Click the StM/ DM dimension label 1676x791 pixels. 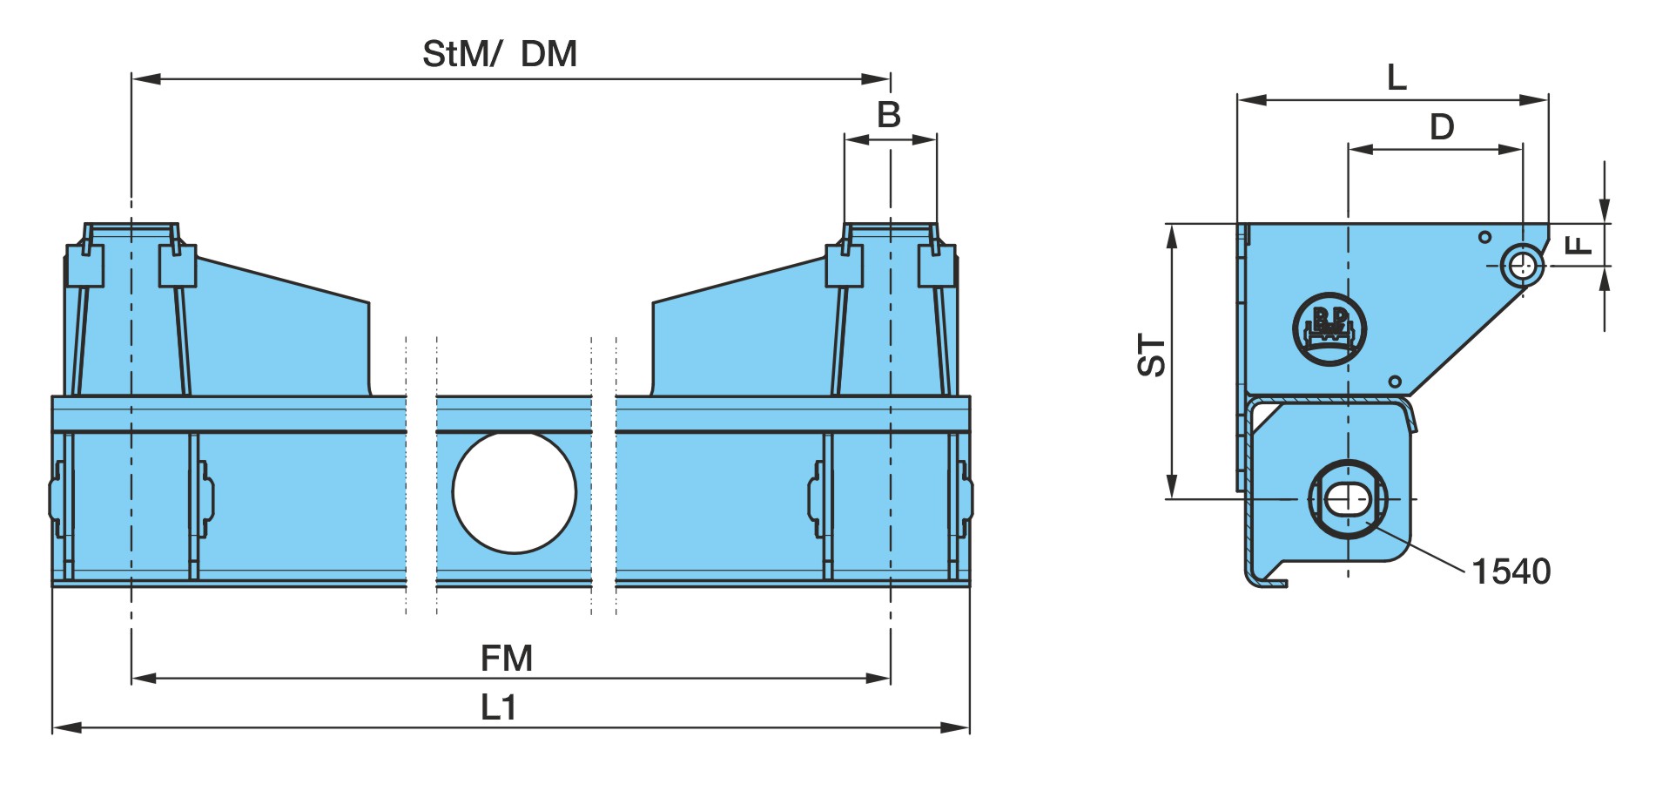(500, 54)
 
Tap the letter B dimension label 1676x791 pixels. (889, 115)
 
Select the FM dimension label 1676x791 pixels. (507, 659)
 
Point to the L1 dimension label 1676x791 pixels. (499, 707)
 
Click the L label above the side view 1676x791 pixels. (1397, 78)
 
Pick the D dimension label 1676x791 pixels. (1442, 127)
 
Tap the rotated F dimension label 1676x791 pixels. (1578, 244)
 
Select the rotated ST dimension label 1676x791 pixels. (1152, 355)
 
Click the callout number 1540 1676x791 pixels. (1511, 571)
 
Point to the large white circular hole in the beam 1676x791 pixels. (515, 492)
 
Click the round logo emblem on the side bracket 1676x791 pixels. (1329, 329)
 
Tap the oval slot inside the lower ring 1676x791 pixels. (1348, 499)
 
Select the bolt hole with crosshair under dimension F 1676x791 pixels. (1522, 265)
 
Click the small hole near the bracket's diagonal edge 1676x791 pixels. (1395, 382)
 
